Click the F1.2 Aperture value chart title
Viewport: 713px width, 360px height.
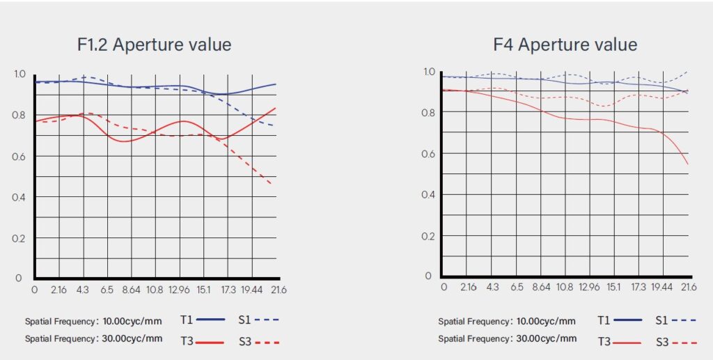(154, 45)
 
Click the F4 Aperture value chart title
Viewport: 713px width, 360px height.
(565, 45)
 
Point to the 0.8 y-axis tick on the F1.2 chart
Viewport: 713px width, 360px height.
(19, 116)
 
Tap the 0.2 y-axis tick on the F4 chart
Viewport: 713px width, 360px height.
(428, 235)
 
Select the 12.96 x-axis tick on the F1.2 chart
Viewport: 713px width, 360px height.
(180, 288)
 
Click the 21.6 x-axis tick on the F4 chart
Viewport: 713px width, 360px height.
(689, 287)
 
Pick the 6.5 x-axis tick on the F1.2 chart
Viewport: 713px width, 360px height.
(107, 288)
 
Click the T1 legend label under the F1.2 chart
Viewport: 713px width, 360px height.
(187, 320)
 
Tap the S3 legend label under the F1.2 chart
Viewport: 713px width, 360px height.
(246, 341)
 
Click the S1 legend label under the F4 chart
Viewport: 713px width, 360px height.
(662, 320)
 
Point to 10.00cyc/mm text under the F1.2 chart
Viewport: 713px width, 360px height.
(132, 322)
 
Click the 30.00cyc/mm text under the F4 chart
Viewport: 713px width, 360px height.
(546, 339)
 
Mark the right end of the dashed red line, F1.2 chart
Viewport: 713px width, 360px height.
(271, 184)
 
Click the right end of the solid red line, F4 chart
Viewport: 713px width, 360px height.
(688, 164)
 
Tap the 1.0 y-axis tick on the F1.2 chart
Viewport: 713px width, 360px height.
(19, 74)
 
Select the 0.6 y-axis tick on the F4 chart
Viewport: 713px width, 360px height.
(428, 153)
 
